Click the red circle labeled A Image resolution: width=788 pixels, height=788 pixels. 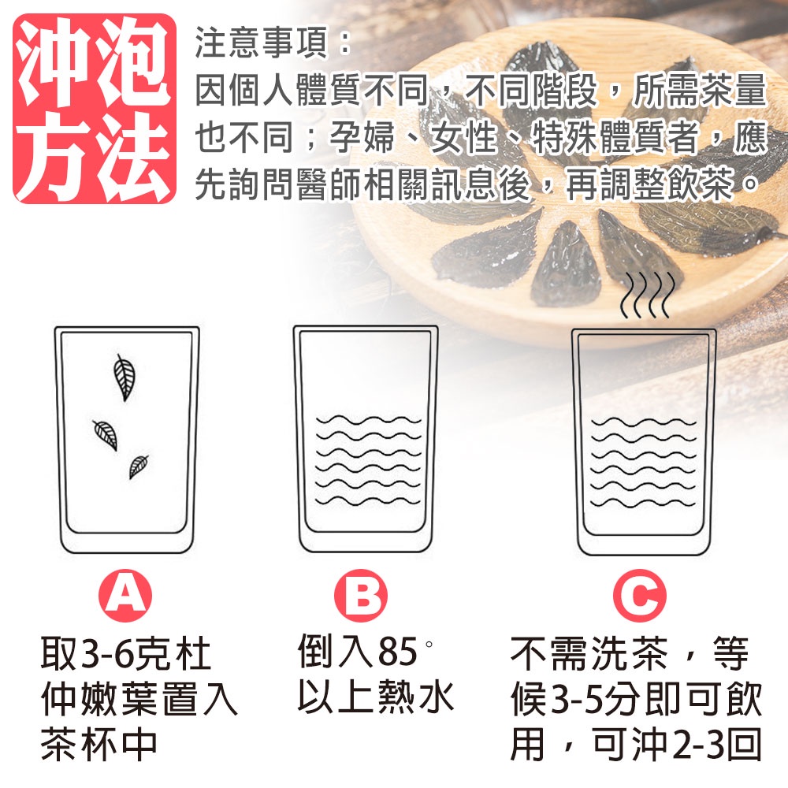pos(125,596)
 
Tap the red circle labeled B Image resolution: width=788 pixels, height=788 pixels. pos(361,596)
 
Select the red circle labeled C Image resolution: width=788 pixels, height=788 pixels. pos(640,596)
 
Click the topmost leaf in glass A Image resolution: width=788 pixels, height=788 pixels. pos(124,377)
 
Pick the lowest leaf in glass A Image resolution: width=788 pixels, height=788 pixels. pos(138,466)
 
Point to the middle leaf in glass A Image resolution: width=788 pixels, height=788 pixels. pos(106,435)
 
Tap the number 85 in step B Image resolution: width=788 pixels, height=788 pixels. pos(397,652)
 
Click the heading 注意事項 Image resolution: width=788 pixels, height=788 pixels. pos(262,43)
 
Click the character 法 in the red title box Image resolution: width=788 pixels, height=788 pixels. pos(133,156)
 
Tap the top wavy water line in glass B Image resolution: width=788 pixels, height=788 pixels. pos(368,420)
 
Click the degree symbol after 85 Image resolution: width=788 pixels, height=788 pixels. pos(429,643)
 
